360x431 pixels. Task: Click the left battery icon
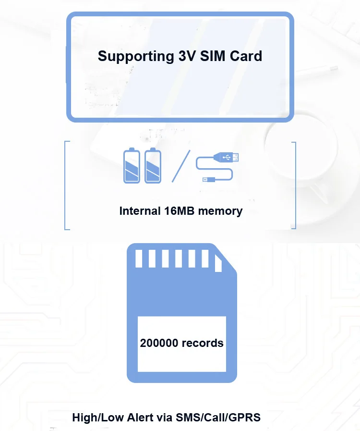click(132, 166)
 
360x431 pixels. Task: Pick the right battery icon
click(153, 166)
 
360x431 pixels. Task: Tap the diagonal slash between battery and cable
click(181, 166)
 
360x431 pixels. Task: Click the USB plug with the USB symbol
click(229, 157)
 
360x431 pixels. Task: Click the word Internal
click(140, 210)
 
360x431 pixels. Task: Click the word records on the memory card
click(203, 343)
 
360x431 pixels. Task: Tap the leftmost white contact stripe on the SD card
click(139, 259)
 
